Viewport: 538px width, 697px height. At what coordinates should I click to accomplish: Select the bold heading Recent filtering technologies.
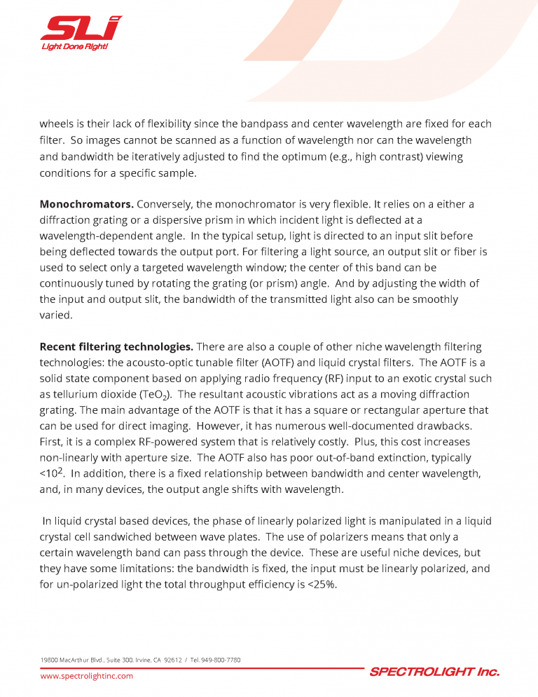coord(116,346)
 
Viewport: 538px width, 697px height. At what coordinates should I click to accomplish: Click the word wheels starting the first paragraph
coord(57,124)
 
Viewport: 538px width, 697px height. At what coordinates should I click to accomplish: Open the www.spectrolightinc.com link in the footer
coord(86,676)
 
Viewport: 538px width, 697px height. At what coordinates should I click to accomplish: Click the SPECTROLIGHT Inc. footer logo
coord(434,672)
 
